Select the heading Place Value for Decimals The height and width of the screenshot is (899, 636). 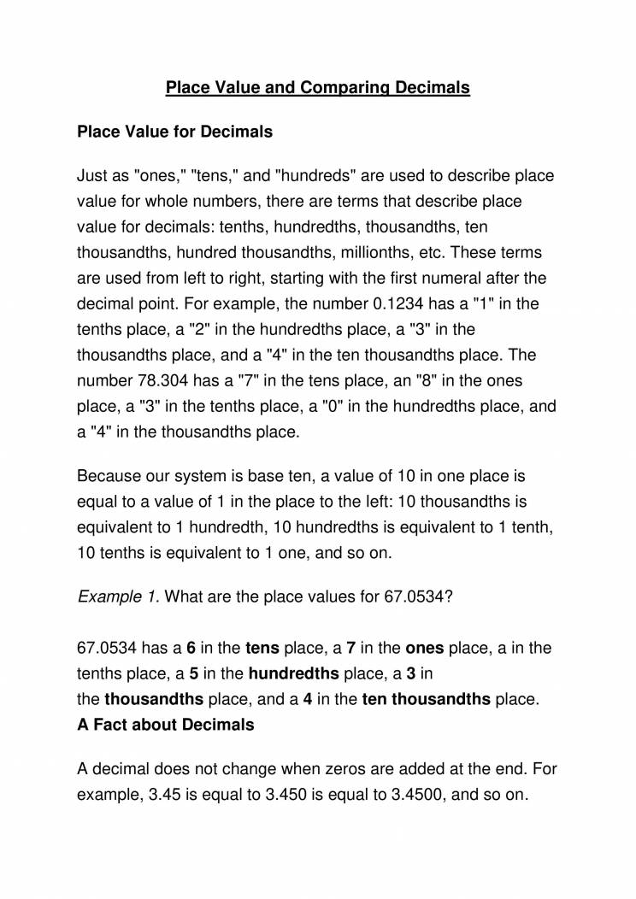(x=174, y=132)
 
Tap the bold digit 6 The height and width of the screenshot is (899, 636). (x=191, y=648)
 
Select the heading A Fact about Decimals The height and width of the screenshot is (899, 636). (x=165, y=725)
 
